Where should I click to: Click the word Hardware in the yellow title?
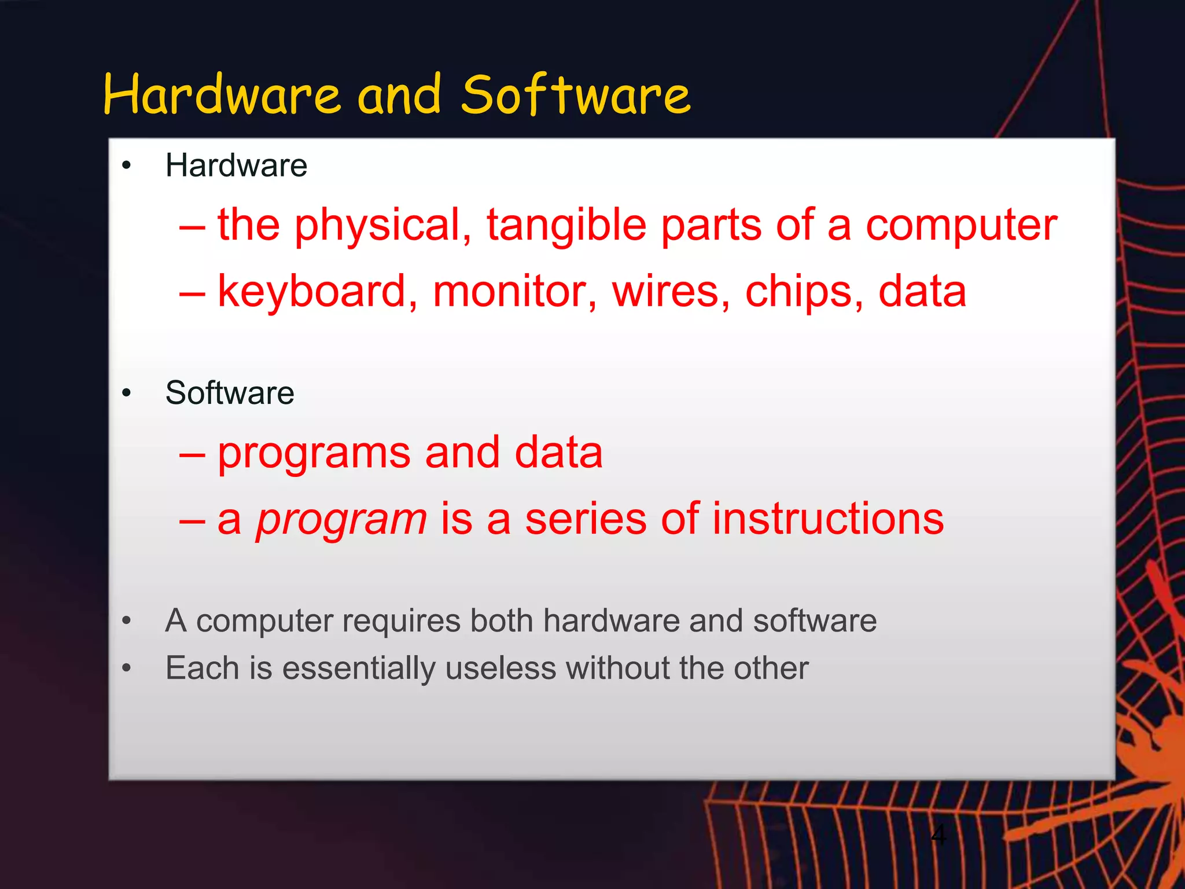(x=222, y=95)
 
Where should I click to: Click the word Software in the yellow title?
(x=576, y=95)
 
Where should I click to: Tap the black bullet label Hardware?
(x=236, y=166)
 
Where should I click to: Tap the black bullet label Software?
(x=230, y=393)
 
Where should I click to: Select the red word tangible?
(x=566, y=225)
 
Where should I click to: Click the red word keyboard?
(x=317, y=291)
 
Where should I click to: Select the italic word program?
(x=341, y=520)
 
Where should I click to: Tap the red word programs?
(x=314, y=453)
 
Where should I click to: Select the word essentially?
(x=358, y=669)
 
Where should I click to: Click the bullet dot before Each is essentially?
(x=127, y=668)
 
